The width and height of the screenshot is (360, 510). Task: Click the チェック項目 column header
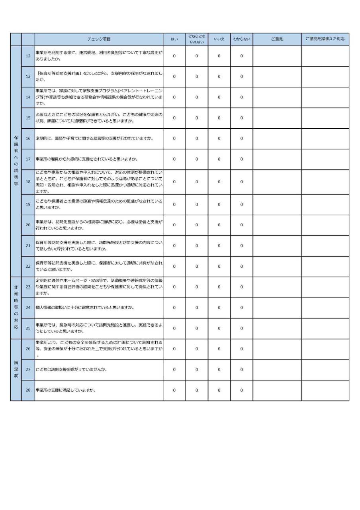click(99, 39)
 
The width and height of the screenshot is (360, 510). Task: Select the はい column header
click(174, 39)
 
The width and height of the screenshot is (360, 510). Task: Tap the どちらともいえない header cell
click(197, 39)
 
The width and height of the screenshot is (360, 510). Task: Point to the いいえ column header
click(219, 39)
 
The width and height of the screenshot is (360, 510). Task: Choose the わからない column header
click(242, 39)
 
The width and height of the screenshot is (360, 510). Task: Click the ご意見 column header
click(277, 39)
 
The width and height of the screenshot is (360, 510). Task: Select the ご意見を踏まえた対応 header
click(325, 39)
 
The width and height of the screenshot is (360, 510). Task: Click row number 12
click(28, 56)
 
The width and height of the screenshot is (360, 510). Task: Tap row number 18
click(28, 182)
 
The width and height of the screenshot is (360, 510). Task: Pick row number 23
click(28, 287)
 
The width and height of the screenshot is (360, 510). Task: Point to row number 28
click(28, 390)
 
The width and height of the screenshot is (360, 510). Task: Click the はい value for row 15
click(174, 118)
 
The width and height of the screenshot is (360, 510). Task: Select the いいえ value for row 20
click(219, 225)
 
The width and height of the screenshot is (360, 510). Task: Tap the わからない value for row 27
click(242, 369)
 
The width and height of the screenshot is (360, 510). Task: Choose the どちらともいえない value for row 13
click(197, 76)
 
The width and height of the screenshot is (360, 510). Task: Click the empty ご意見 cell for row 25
click(277, 328)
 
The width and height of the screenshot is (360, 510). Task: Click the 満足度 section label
click(16, 369)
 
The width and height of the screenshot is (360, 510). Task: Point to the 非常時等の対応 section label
click(16, 308)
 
